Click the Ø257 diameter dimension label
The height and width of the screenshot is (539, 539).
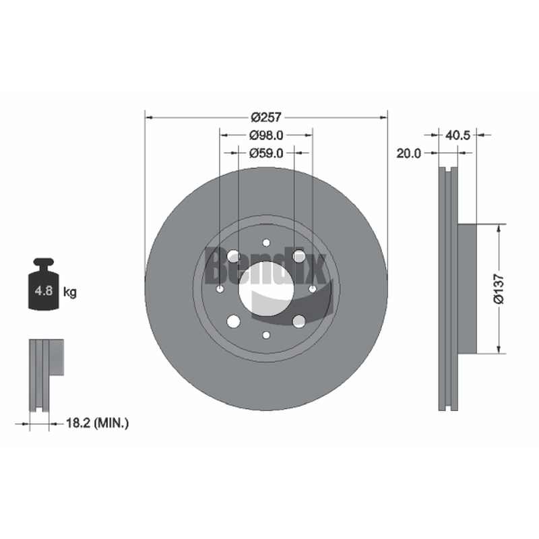[x=266, y=117]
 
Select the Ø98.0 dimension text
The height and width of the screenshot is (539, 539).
[x=266, y=135]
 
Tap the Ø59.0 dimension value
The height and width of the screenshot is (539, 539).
[x=266, y=153]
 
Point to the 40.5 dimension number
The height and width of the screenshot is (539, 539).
[x=457, y=135]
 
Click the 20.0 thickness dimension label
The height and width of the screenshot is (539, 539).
[x=409, y=154]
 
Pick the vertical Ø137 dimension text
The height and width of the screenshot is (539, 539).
[x=499, y=289]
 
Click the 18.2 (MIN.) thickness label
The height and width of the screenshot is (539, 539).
[x=97, y=423]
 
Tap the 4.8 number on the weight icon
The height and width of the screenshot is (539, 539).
[x=44, y=291]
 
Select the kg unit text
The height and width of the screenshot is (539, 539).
[x=70, y=292]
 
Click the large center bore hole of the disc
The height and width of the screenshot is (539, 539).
[x=266, y=289]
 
